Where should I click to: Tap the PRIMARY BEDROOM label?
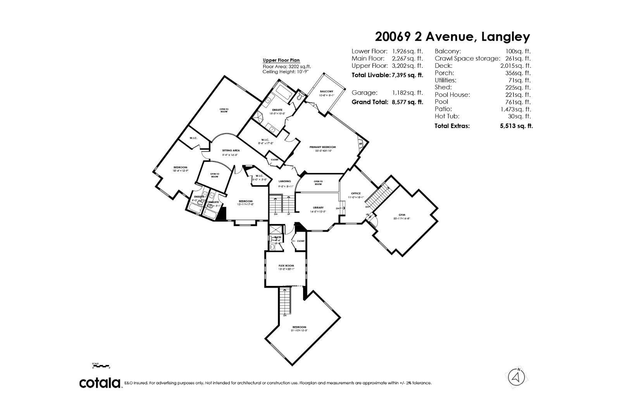[x=322, y=147]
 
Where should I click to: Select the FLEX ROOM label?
[x=286, y=266]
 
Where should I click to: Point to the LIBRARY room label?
[x=318, y=208]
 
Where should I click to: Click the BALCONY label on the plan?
[x=326, y=91]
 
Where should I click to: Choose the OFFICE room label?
[x=356, y=193]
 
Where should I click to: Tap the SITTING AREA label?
[x=231, y=150]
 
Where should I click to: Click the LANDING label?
[x=284, y=181]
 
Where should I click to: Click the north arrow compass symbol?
[x=516, y=376]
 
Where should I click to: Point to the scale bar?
[x=101, y=366]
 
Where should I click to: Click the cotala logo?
[x=100, y=383]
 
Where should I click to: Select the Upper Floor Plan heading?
[x=281, y=60]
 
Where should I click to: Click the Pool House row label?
[x=452, y=95]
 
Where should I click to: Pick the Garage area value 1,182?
[x=401, y=93]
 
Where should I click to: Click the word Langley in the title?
[x=505, y=37]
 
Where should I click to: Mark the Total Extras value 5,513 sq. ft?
[x=516, y=126]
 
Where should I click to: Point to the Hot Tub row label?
[x=447, y=116]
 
